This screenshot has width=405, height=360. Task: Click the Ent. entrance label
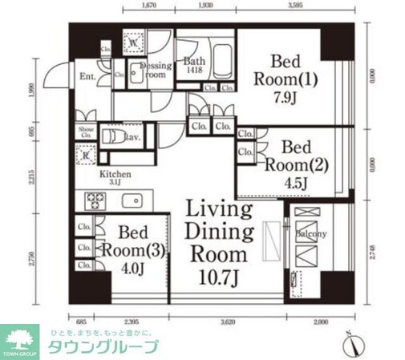click(x=87, y=77)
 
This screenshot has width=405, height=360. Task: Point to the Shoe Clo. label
click(x=86, y=131)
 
